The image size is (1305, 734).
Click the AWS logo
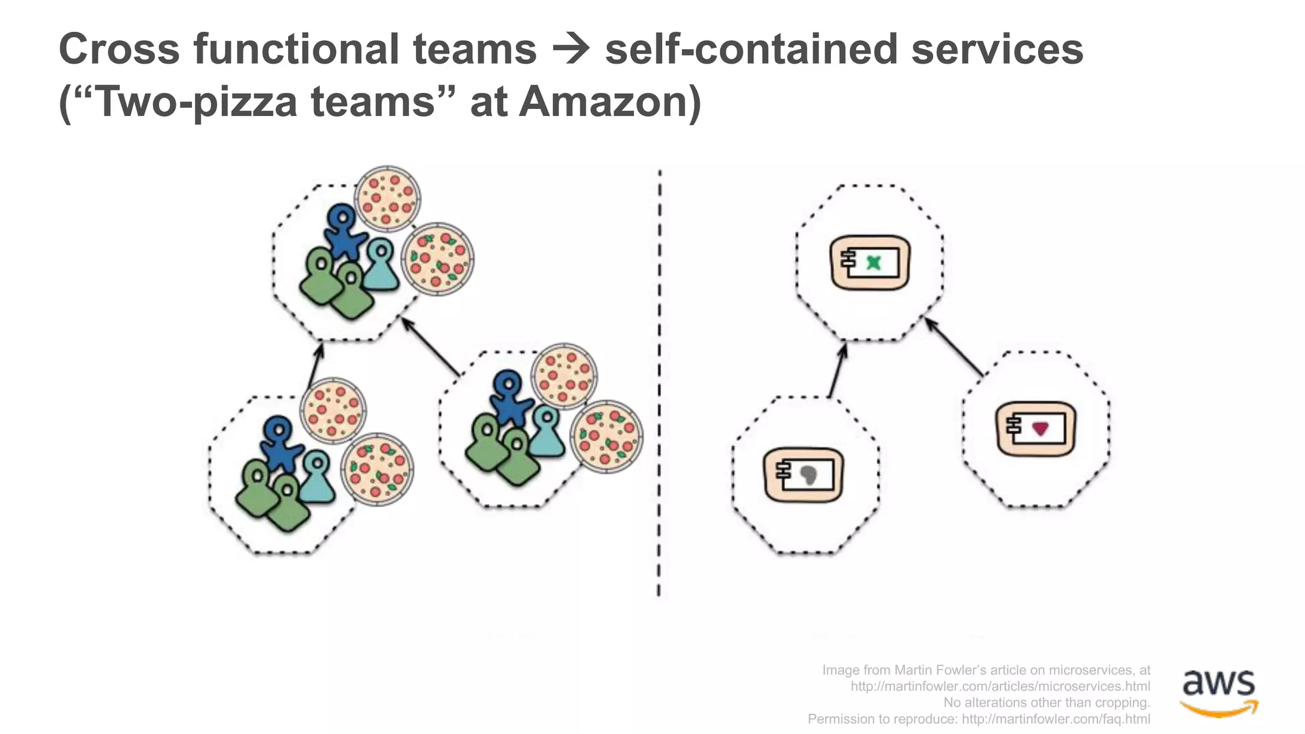tap(1219, 691)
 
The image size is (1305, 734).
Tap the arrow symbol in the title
tap(570, 50)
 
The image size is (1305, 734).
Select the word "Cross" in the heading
tap(119, 50)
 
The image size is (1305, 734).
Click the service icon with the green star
tap(870, 263)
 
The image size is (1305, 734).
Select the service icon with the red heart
tap(1036, 428)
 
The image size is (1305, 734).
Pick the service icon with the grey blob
tap(804, 475)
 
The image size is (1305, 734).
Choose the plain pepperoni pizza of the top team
tap(387, 198)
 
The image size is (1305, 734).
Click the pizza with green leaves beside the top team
tap(438, 259)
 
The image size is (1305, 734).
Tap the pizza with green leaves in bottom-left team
tap(377, 470)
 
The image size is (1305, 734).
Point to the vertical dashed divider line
tap(660, 382)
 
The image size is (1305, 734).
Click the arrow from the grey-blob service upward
tap(837, 371)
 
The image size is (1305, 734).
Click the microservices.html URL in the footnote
tap(1000, 686)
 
